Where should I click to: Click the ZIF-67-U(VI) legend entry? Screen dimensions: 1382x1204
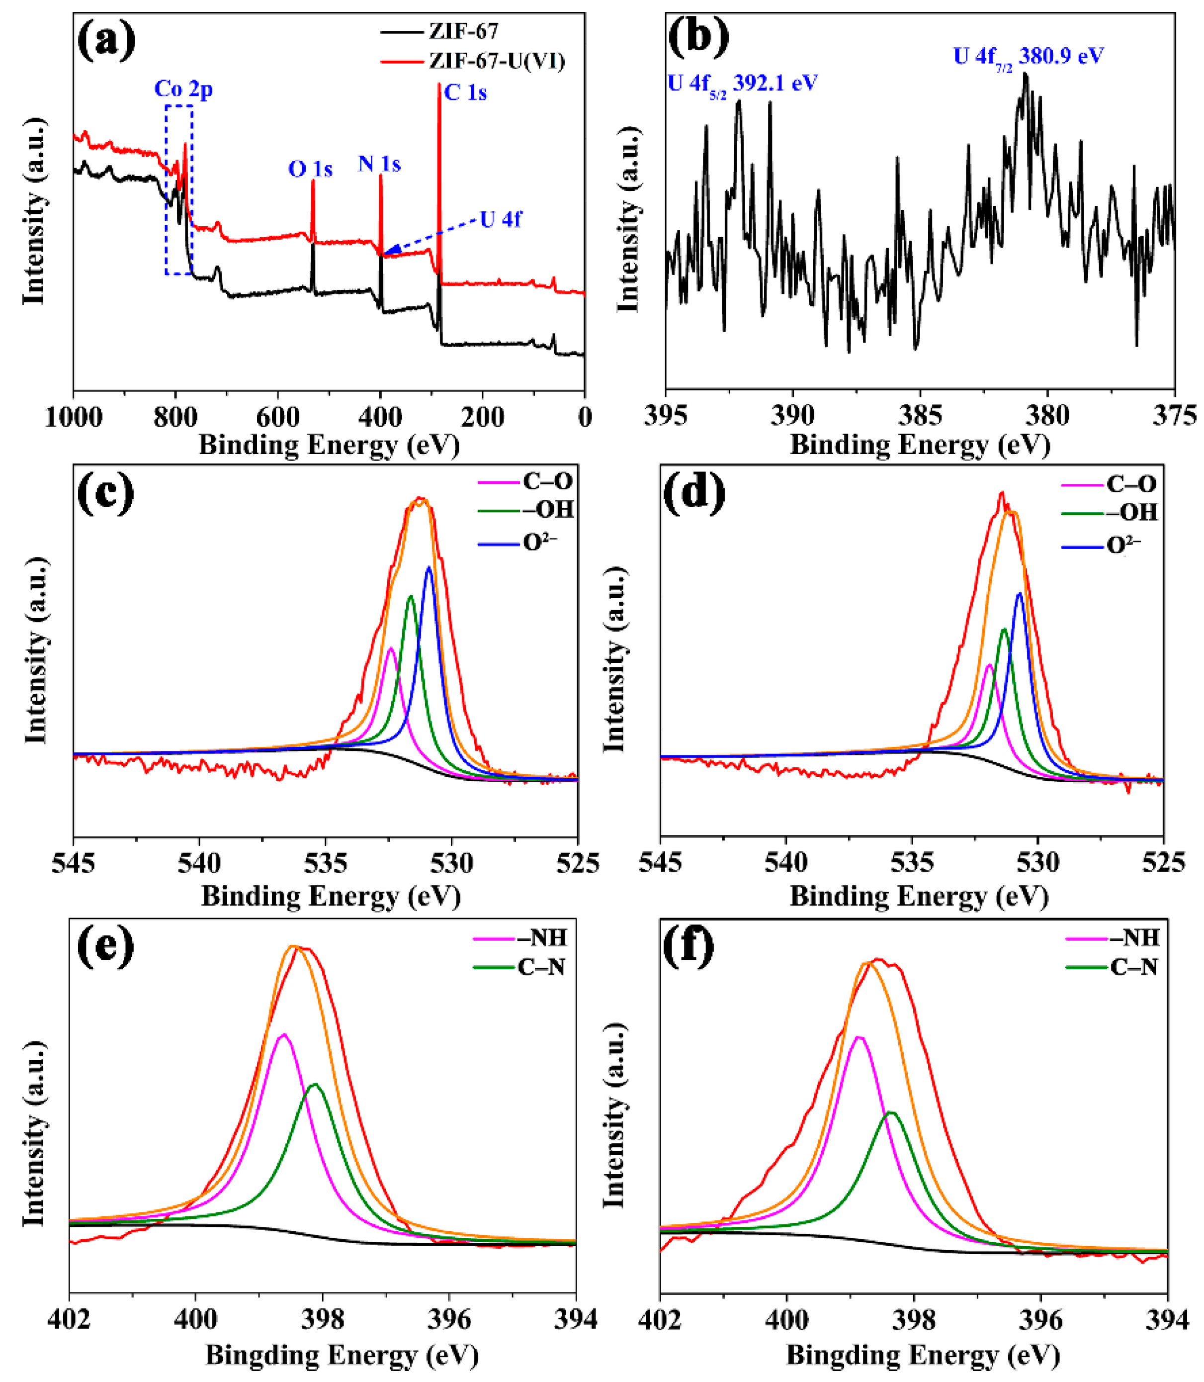click(497, 61)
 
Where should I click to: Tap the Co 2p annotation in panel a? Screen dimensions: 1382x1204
click(183, 89)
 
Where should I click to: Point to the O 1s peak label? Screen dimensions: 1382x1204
click(310, 169)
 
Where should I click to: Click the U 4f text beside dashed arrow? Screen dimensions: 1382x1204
click(501, 219)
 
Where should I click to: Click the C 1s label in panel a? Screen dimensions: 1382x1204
click(465, 93)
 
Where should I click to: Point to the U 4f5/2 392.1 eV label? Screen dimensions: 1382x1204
click(742, 84)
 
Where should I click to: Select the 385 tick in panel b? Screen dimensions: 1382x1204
click(920, 416)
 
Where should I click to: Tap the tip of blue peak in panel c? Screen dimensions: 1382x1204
click(429, 568)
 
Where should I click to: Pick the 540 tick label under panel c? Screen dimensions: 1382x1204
click(199, 863)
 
